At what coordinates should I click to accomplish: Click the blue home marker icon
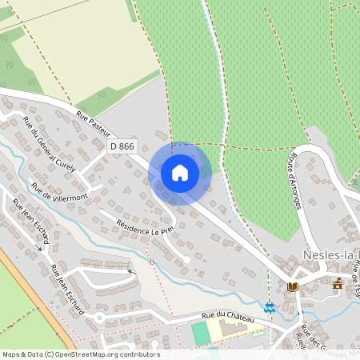click(x=180, y=172)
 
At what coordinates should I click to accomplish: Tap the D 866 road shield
click(x=123, y=146)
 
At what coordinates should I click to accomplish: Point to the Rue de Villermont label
click(x=59, y=193)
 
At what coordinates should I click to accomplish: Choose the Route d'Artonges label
click(x=305, y=177)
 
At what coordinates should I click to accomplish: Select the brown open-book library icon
click(x=293, y=286)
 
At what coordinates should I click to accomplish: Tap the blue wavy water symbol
click(x=270, y=306)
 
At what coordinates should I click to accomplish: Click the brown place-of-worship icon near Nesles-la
click(x=338, y=283)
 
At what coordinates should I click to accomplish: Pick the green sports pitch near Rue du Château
click(x=199, y=334)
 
